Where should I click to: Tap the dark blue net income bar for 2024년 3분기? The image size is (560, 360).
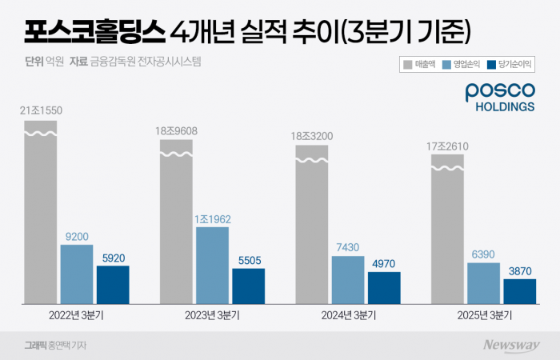pos(384,288)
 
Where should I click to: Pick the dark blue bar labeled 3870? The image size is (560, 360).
pos(520,291)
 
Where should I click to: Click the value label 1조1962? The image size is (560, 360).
pos(212,218)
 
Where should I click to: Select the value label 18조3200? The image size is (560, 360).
pos(311,136)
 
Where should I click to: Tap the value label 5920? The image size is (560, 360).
pos(113,258)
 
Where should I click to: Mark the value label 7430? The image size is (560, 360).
pos(348,247)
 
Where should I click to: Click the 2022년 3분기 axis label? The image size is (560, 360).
pos(77,315)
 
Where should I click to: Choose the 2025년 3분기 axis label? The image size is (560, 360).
pos(483,315)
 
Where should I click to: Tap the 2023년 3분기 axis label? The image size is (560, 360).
pos(212,315)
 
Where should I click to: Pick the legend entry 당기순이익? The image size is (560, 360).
pos(510,63)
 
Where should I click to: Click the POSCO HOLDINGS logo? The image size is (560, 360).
pos(500,98)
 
